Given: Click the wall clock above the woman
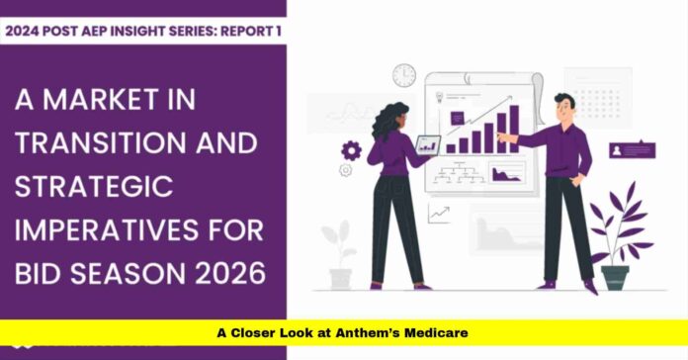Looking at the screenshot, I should [404, 75].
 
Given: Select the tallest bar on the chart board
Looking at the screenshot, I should [515, 130].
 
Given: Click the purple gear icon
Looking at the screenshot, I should [351, 151].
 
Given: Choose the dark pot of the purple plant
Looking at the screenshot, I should [615, 277].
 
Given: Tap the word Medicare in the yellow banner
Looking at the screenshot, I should [436, 333].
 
